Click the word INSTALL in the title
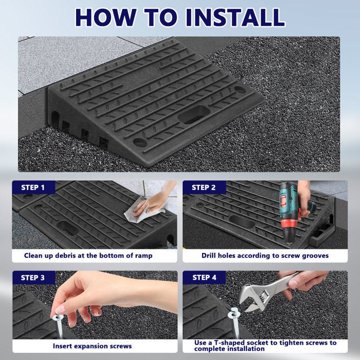[235, 18]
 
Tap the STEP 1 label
[32, 188]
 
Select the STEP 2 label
[204, 188]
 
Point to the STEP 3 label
[32, 278]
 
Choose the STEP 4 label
[204, 278]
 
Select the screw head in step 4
[234, 313]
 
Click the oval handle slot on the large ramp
[194, 115]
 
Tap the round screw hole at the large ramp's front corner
[140, 142]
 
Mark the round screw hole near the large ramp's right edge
[240, 89]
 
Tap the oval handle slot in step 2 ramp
[242, 221]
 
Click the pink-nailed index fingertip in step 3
[60, 310]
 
